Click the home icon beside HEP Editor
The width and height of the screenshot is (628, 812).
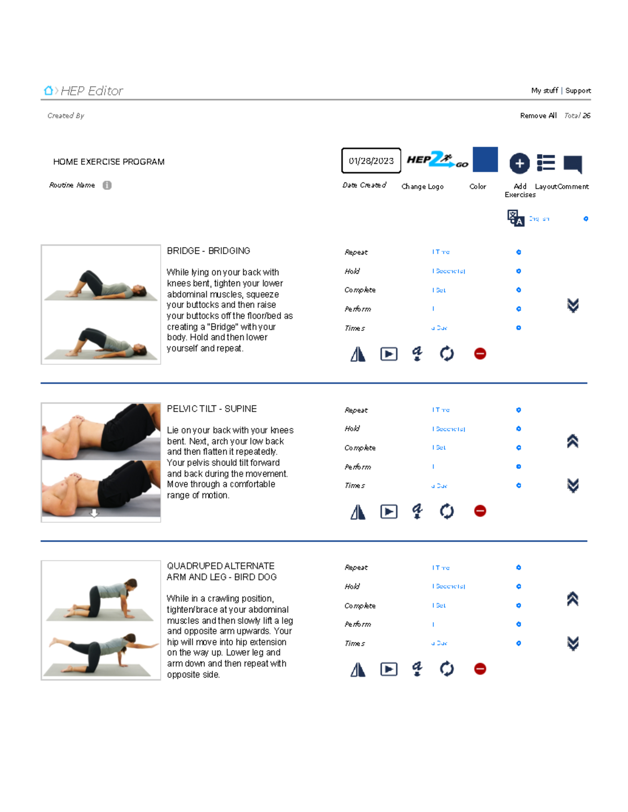pyautogui.click(x=48, y=91)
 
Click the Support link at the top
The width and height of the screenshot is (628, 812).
pyautogui.click(x=578, y=90)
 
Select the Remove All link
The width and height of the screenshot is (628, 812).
pyautogui.click(x=538, y=116)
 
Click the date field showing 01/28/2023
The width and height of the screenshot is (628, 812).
pyautogui.click(x=371, y=161)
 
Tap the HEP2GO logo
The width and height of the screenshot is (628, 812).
pyautogui.click(x=437, y=160)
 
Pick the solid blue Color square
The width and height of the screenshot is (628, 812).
pyautogui.click(x=485, y=159)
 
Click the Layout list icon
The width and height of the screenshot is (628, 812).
pyautogui.click(x=546, y=163)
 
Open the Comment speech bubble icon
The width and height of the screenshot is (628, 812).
pyautogui.click(x=573, y=164)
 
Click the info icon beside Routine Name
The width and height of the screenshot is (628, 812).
pyautogui.click(x=107, y=185)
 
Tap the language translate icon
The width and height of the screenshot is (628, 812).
pyautogui.click(x=515, y=218)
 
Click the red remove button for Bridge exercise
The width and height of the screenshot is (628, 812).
pyautogui.click(x=480, y=354)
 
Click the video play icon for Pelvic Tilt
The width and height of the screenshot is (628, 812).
pyautogui.click(x=389, y=511)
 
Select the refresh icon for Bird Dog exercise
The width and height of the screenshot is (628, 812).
pyautogui.click(x=447, y=669)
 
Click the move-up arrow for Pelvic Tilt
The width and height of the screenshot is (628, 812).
pyautogui.click(x=573, y=441)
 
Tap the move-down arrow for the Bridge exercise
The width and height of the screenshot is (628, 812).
pyautogui.click(x=573, y=305)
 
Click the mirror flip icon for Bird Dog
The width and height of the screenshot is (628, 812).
pyautogui.click(x=358, y=669)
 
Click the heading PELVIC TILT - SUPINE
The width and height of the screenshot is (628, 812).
pyautogui.click(x=211, y=409)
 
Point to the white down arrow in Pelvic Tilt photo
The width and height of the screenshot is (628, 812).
pyautogui.click(x=94, y=513)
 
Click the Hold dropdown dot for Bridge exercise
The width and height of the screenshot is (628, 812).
pyautogui.click(x=519, y=271)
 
